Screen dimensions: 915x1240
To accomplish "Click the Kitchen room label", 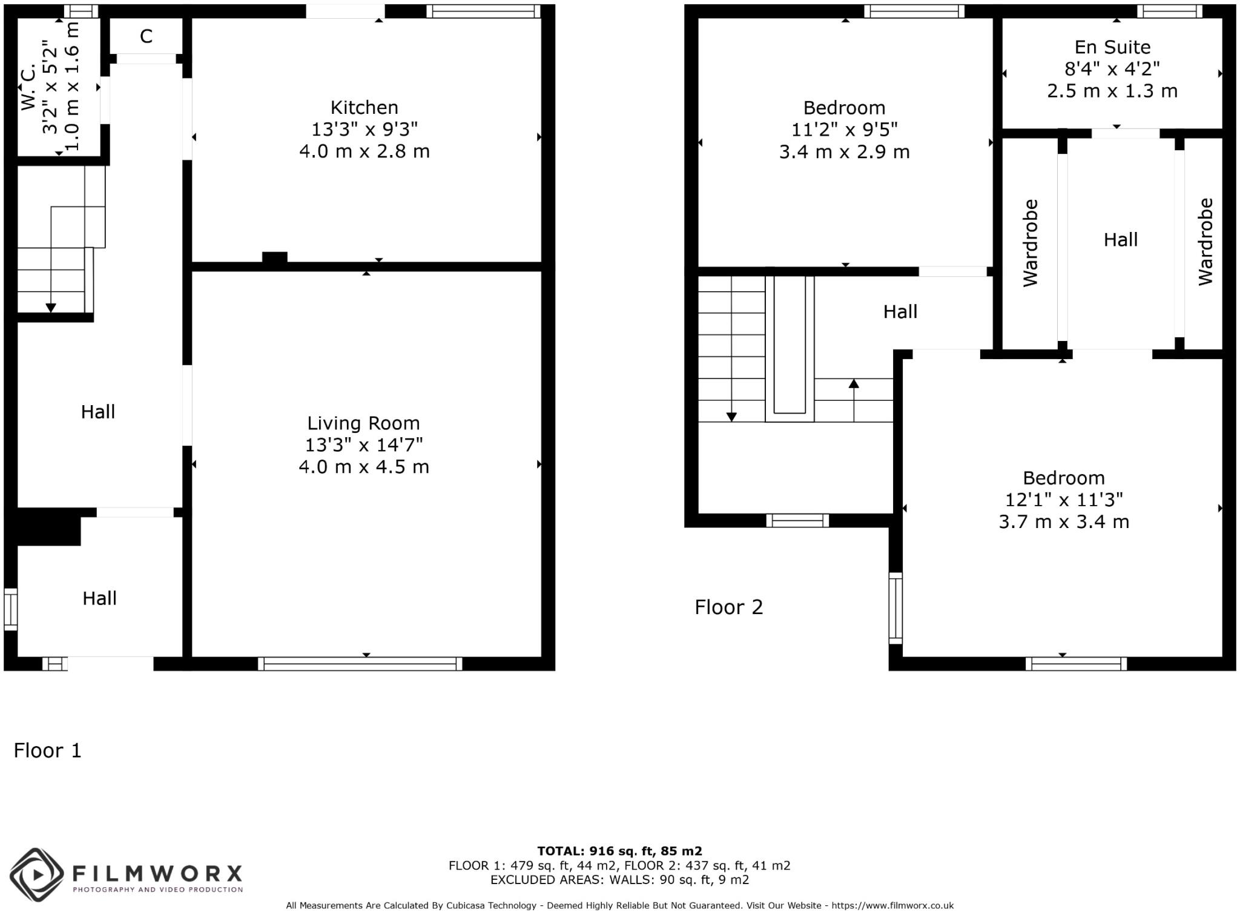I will point(364,108).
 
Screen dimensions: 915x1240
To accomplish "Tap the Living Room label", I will point(363,423).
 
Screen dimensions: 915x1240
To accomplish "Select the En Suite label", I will point(1112,47).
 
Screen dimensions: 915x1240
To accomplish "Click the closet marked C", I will point(146,37).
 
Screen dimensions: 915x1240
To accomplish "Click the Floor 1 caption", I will point(47,751).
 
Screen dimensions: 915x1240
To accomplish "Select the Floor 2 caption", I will point(728,607).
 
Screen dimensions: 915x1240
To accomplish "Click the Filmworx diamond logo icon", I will point(37,874).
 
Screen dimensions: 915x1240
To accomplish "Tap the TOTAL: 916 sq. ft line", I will point(619,851).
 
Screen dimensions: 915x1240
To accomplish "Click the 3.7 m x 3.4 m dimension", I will point(1064,522).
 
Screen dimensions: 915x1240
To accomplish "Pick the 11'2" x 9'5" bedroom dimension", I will point(844,130).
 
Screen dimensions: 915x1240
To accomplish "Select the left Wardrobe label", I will point(1031,243).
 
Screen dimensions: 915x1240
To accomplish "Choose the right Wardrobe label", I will point(1205,242).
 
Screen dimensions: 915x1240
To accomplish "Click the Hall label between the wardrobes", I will point(1120,240).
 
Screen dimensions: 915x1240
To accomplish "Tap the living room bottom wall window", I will point(360,664).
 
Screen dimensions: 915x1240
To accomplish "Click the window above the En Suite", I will point(1169,11).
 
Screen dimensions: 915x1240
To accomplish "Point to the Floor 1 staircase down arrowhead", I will point(51,308).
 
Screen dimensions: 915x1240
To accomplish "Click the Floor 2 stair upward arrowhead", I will point(854,383).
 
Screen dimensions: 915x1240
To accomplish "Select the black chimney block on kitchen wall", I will point(274,257).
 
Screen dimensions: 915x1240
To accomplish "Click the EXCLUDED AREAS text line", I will point(619,880).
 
